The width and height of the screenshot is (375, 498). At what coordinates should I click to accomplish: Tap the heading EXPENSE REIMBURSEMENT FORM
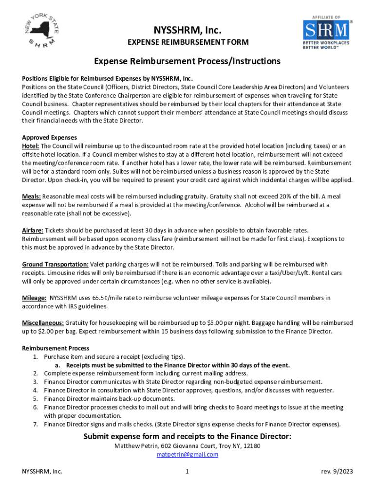[x=188, y=43]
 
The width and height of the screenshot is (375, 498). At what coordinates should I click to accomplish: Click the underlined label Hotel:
[x=31, y=146]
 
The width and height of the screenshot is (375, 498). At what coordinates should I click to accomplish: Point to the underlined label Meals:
[x=32, y=196]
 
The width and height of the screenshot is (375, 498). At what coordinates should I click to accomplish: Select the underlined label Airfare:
[x=33, y=230]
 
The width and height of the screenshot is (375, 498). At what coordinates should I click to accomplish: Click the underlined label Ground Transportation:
[x=55, y=264]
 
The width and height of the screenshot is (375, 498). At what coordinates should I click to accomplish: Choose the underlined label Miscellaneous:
[x=43, y=322]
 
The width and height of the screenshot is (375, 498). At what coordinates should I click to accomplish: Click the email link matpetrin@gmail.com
[x=187, y=455]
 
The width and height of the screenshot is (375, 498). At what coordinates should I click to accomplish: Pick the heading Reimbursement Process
[x=56, y=348]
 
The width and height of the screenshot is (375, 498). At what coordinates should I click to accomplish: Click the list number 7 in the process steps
[x=36, y=424]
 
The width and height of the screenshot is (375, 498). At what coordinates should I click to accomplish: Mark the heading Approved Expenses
[x=49, y=137]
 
